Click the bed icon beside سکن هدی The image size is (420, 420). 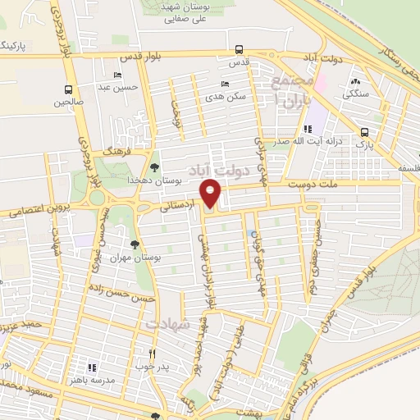(226, 84)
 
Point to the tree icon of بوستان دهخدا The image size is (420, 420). (154, 167)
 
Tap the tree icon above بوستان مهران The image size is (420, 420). (135, 244)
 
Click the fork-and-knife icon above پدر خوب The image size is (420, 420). (153, 353)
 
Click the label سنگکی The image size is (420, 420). (356, 94)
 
